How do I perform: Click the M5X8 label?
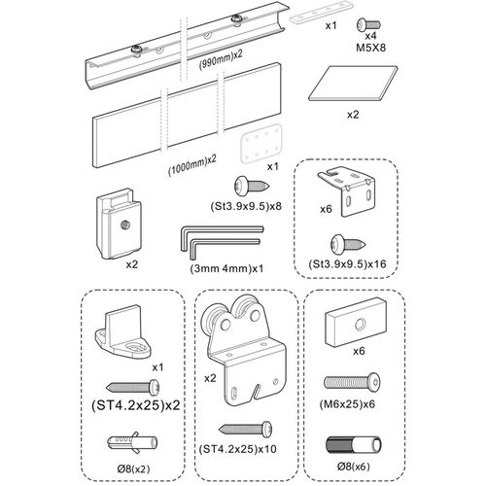click(x=370, y=48)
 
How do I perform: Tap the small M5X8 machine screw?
click(x=368, y=25)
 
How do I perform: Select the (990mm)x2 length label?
click(x=221, y=59)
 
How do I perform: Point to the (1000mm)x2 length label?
click(x=192, y=166)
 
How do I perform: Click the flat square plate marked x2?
click(x=353, y=84)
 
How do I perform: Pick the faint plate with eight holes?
click(x=260, y=143)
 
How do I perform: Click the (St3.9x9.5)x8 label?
click(x=246, y=206)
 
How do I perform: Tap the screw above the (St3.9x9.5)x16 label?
click(x=348, y=244)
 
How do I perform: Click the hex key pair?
click(x=222, y=241)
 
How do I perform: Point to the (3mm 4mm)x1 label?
click(x=226, y=268)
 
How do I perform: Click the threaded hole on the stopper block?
click(x=123, y=225)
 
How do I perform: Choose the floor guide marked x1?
click(x=123, y=331)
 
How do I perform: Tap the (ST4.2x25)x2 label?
click(x=136, y=405)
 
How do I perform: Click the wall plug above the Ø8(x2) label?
click(x=132, y=442)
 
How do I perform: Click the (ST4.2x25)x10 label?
click(x=238, y=449)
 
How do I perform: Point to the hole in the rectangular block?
click(x=360, y=324)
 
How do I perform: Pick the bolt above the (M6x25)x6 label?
click(x=352, y=383)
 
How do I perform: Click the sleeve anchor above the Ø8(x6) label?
click(x=354, y=445)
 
